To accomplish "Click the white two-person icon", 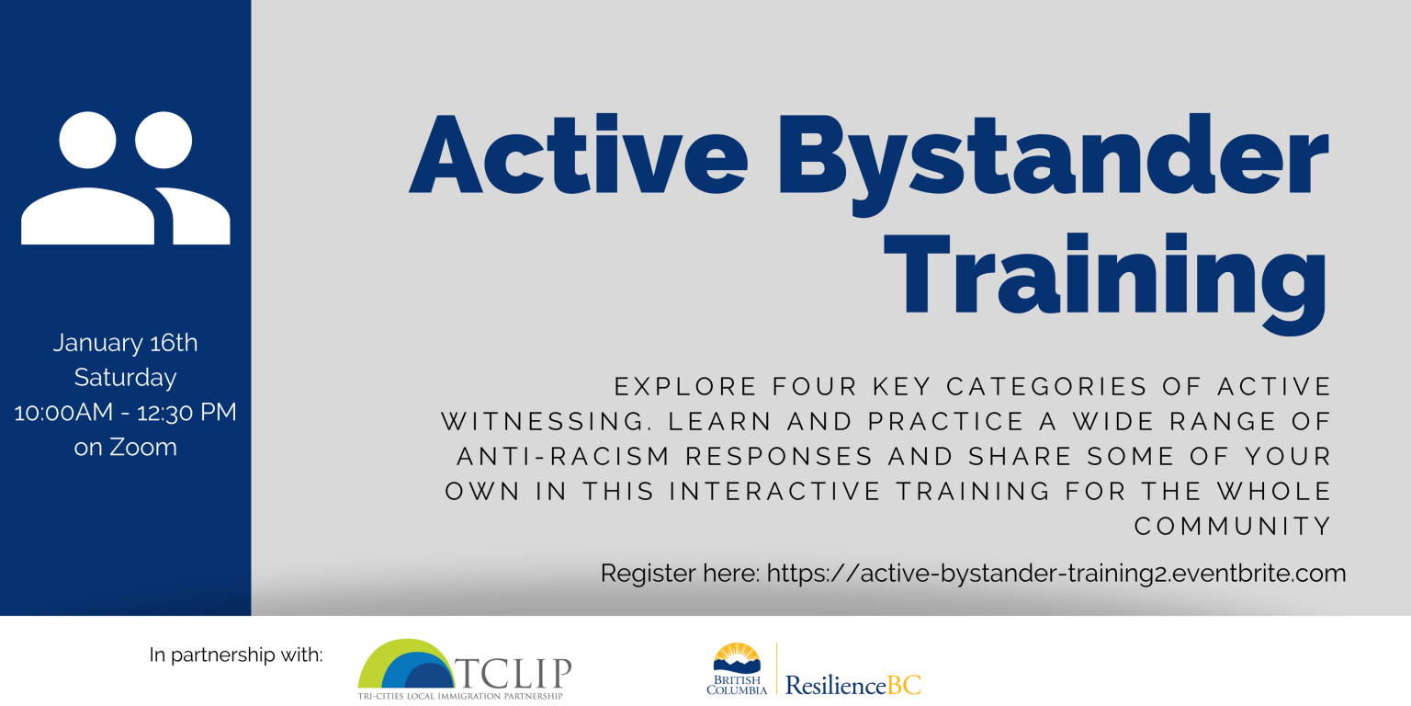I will tap(126, 178).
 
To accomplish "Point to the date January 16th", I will tap(125, 343).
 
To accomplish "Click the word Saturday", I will tap(125, 377).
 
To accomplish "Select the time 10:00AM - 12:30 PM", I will tap(125, 412).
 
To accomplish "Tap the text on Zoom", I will tap(125, 447).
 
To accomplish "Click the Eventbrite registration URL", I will tap(1056, 574).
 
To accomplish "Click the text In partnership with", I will tap(236, 655).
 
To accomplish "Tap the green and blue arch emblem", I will tap(404, 664).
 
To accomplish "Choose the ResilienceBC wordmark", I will tap(853, 685).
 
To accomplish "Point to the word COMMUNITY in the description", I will tap(1233, 526).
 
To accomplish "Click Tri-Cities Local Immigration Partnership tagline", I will tap(460, 696).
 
